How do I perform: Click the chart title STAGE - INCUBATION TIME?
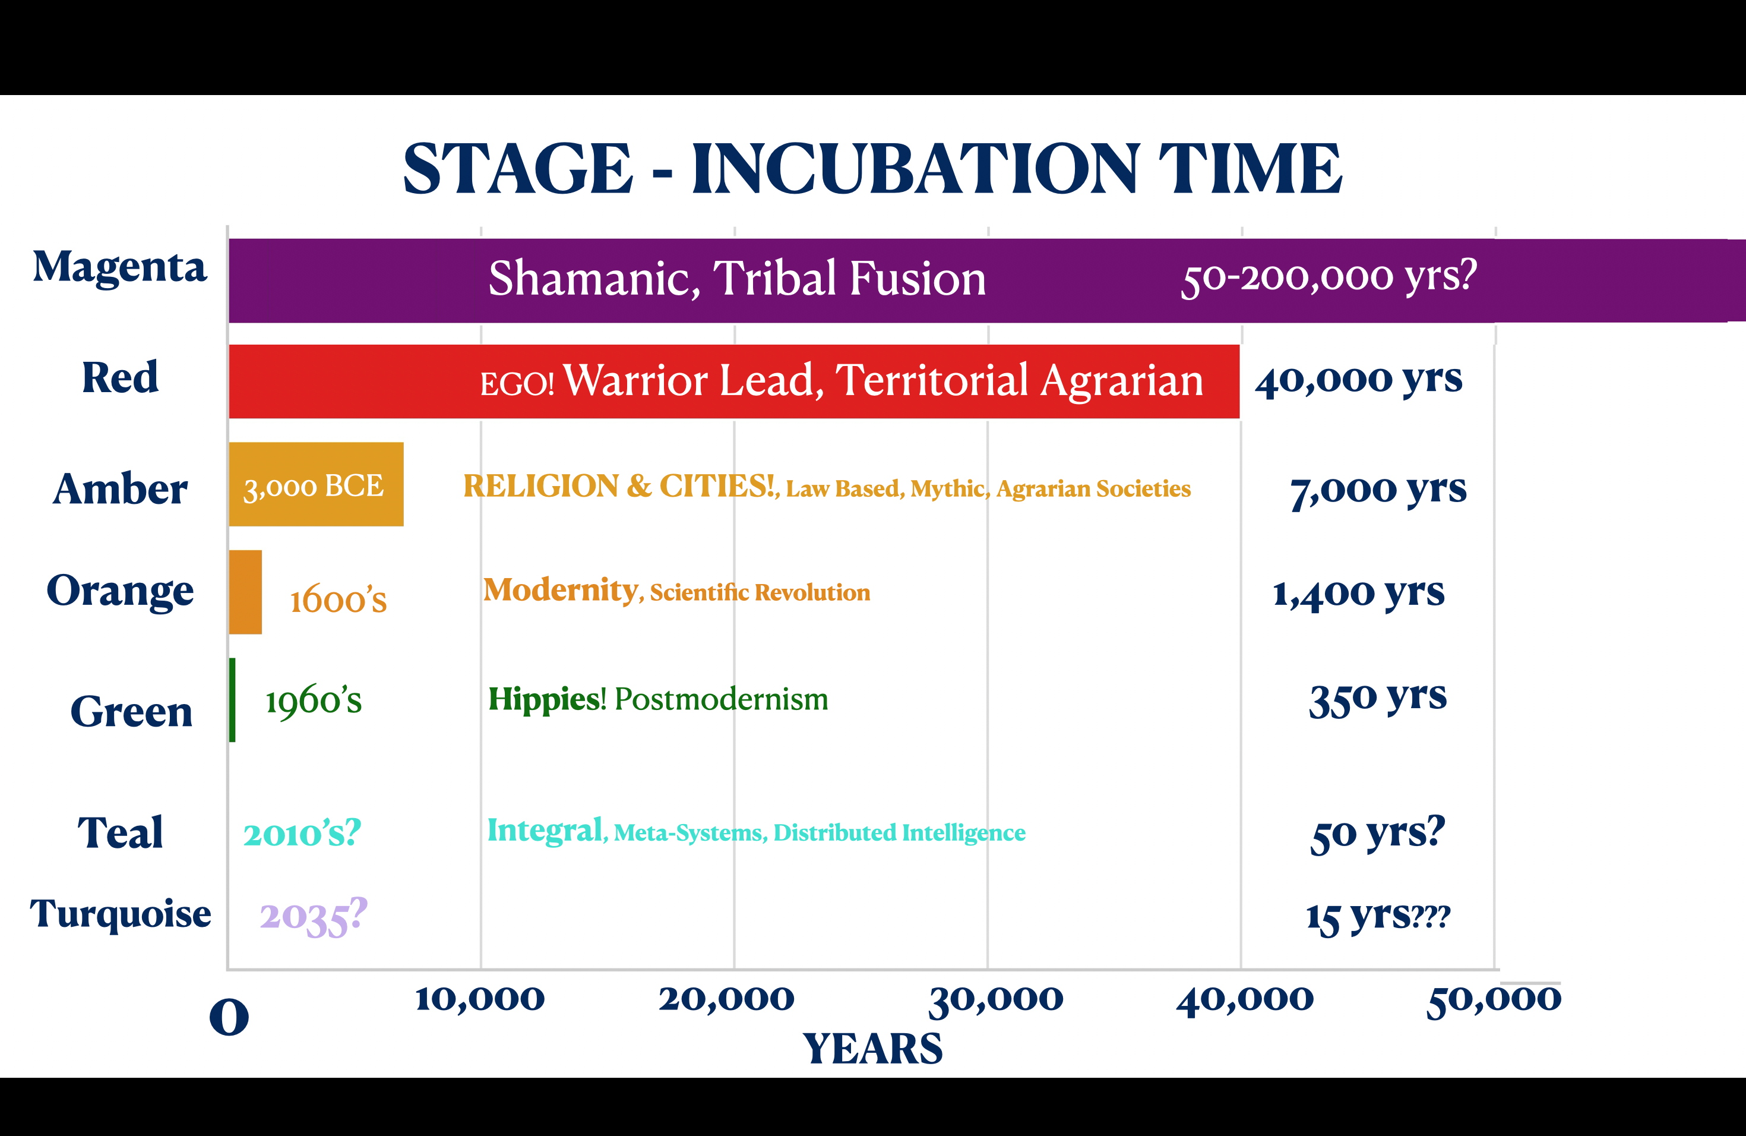(x=872, y=169)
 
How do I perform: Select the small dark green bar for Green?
(x=233, y=700)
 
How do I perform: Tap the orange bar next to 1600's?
(x=246, y=592)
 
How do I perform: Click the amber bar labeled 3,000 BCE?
(x=316, y=484)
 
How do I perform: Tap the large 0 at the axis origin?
(x=229, y=1018)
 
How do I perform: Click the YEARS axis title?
(x=872, y=1049)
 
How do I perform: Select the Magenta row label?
(x=119, y=268)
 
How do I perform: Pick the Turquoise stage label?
(x=121, y=914)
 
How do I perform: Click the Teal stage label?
(x=121, y=833)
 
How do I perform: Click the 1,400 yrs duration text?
(x=1359, y=593)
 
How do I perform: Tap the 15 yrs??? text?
(x=1378, y=917)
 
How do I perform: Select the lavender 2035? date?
(x=313, y=917)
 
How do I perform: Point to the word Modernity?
(x=561, y=590)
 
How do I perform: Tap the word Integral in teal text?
(x=545, y=831)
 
